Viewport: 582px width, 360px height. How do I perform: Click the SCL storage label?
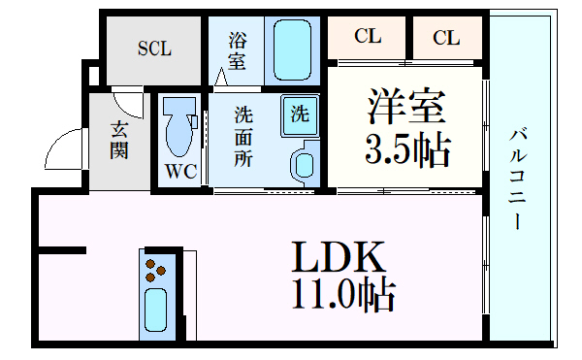point(154,49)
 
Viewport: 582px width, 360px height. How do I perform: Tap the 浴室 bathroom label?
point(238,50)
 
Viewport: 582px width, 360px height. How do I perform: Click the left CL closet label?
point(367,38)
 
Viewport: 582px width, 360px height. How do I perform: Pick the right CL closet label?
point(445,38)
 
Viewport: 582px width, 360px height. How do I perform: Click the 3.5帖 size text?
point(406,149)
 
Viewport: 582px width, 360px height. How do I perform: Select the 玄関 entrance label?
point(118,140)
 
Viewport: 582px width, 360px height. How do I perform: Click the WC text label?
point(181,173)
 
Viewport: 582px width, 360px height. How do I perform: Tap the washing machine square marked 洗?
point(300,113)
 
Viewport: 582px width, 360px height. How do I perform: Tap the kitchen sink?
point(156,311)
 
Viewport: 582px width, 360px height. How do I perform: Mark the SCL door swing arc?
point(125,97)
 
